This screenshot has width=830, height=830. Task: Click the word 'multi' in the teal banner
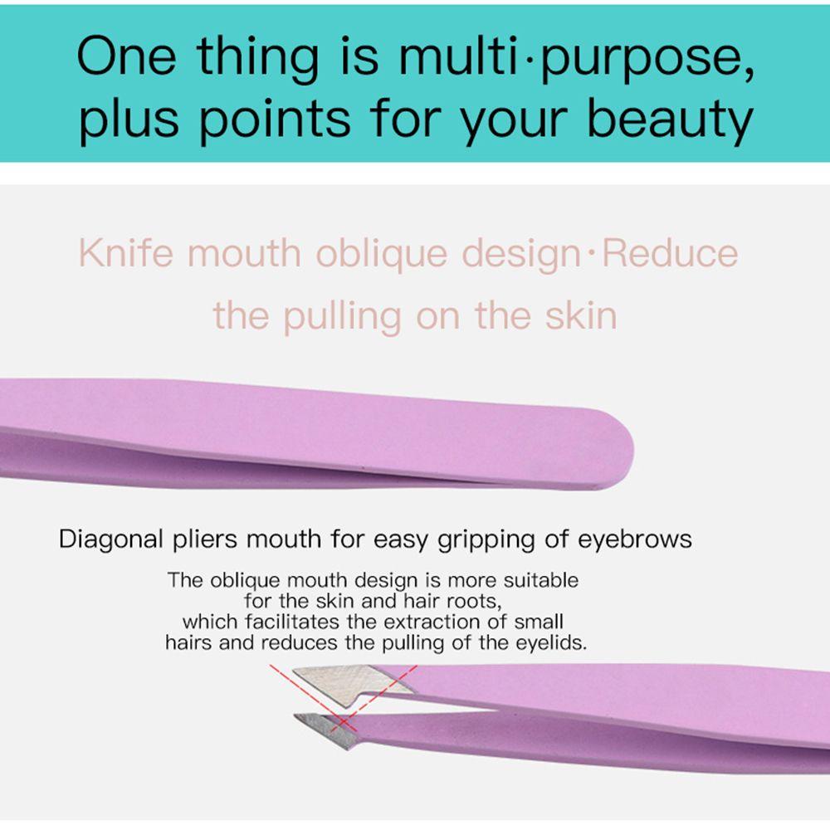pos(458,56)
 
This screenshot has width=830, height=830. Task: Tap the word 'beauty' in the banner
pos(670,120)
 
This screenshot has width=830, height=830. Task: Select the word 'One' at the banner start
pos(126,56)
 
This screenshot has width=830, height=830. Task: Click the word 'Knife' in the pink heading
pos(126,252)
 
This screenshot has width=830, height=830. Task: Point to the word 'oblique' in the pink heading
pos(382,255)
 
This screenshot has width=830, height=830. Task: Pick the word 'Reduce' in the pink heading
pos(670,253)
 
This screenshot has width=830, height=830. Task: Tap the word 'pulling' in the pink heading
pos(342,317)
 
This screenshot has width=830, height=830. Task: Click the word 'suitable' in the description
pos(541,580)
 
